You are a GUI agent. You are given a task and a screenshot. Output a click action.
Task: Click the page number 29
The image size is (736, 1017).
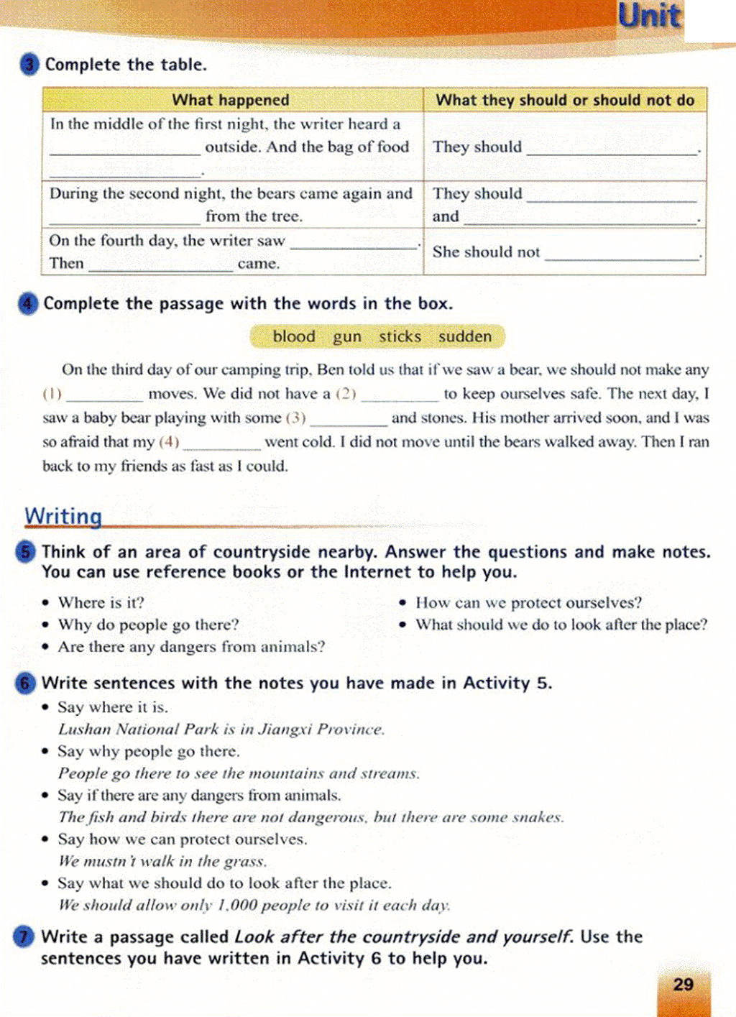coord(684,985)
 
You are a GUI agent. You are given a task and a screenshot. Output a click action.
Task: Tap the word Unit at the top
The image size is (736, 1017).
coord(649,17)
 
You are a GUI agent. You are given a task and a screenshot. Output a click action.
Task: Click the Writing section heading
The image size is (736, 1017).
coord(63,516)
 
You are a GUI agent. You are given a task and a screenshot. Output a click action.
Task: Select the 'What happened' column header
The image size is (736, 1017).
coord(231,100)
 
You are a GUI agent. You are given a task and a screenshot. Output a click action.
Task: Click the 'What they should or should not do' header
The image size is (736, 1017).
coord(565,100)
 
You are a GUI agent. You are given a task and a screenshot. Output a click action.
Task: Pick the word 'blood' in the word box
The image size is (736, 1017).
coord(294,336)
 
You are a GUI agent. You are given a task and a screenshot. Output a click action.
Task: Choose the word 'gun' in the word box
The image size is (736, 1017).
coord(347,336)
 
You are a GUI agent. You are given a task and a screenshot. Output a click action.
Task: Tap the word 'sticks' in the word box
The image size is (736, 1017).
coord(400,336)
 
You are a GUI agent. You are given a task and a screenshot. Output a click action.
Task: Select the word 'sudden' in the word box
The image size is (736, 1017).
coord(465,336)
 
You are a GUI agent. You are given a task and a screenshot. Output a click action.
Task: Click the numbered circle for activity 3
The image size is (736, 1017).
coord(29,65)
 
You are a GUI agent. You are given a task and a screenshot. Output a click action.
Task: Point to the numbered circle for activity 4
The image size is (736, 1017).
coord(28,304)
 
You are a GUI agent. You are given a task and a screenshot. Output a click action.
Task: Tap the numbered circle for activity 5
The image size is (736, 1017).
coord(26,552)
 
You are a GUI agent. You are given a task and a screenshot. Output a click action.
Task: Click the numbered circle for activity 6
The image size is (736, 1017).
coord(26,683)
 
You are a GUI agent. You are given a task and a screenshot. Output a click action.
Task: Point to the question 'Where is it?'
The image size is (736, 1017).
coord(101,602)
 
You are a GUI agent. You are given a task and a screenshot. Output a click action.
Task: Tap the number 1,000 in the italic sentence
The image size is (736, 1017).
coord(236,905)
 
